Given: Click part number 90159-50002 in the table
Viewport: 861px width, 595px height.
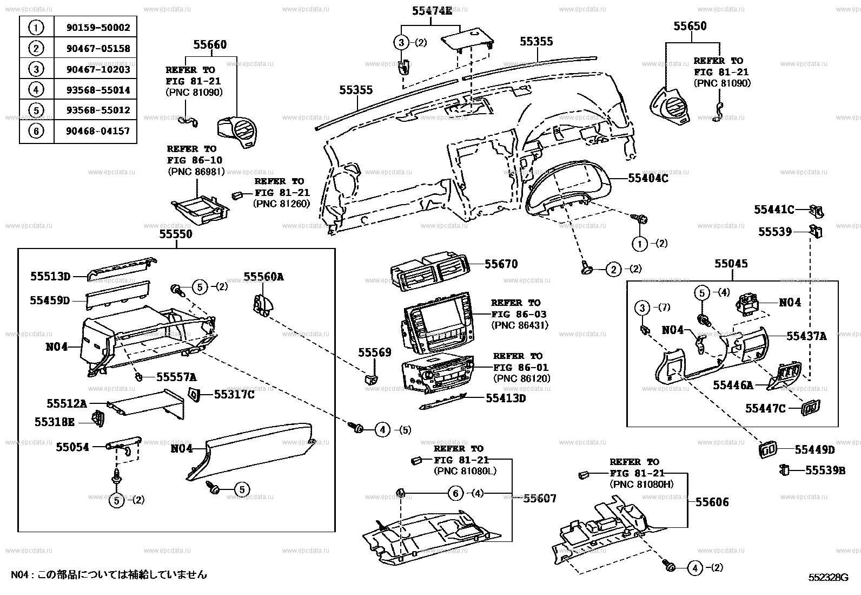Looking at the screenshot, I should point(95,27).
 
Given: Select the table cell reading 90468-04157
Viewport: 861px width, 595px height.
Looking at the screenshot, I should point(95,131).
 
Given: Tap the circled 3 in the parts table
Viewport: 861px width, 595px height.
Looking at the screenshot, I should point(36,69).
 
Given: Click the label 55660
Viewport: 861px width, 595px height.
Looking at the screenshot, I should point(210,45).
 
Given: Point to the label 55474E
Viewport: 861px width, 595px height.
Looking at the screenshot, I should point(430,10).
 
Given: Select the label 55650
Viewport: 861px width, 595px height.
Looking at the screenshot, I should point(690,26).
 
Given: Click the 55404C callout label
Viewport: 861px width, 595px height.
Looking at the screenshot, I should point(648,178).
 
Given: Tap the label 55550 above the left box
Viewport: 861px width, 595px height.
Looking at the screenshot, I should point(176,234).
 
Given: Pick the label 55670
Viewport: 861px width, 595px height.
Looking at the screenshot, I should point(501,264).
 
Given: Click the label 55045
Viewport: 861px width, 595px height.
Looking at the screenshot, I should point(731,264).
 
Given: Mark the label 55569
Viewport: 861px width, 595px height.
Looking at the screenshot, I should point(374,353).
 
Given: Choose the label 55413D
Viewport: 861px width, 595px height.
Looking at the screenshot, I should point(505,398).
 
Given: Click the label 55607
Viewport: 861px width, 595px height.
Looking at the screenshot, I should point(540,499).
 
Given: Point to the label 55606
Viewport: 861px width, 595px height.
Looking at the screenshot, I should point(712,502).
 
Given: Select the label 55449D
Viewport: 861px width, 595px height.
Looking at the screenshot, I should point(814,449).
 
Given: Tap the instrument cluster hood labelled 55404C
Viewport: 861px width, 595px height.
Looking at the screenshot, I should point(568,187).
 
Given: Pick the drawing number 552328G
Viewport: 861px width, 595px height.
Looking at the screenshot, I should point(828,578).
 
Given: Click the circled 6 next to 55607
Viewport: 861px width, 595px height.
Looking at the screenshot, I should point(456,493).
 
